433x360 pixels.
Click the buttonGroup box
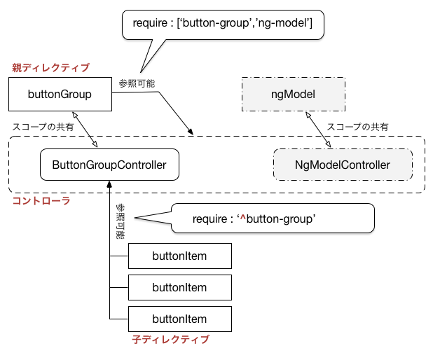pos(60,94)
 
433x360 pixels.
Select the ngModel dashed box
pos(294,94)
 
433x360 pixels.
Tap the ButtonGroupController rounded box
pos(109,165)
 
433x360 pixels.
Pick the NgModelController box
pos(343,165)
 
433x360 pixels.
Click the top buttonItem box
pos(180,256)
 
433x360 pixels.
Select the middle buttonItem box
pos(180,287)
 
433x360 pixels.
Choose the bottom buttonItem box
pos(180,319)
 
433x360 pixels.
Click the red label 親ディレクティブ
pos(51,67)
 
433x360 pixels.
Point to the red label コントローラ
pos(41,201)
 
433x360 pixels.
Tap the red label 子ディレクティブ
pos(171,339)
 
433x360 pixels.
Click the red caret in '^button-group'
pos(242,218)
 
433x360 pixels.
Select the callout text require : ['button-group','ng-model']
pos(223,23)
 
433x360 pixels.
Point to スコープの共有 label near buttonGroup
pos(43,127)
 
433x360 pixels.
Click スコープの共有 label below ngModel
pos(357,127)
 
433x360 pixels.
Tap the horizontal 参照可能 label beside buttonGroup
pos(137,83)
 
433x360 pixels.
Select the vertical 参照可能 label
pos(121,221)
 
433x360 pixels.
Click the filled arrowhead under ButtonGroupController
pos(109,184)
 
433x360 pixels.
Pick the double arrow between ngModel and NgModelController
pos(318,129)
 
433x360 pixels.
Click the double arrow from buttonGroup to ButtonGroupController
pos(85,129)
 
